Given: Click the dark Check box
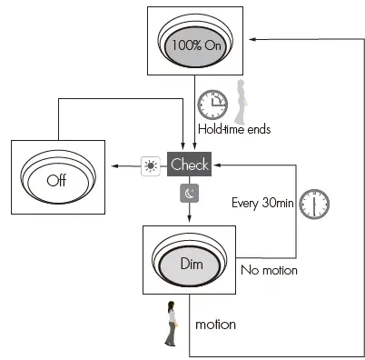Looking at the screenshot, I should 190,165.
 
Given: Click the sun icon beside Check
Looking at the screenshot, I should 148,165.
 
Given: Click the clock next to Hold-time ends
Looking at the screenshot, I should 212,105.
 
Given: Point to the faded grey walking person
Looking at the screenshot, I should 242,102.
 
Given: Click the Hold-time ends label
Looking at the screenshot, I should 234,129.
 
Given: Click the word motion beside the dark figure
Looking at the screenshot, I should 215,324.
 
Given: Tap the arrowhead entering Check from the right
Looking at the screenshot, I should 216,165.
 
